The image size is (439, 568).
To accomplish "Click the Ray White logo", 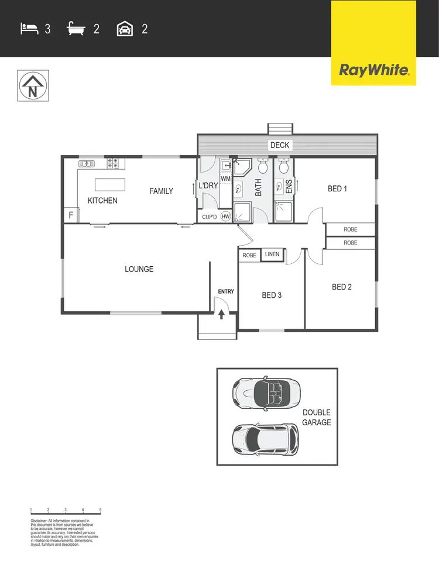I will (373, 71).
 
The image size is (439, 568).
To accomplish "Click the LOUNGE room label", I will (139, 269).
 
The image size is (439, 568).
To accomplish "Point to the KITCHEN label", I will (102, 201).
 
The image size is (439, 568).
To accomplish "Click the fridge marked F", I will (71, 215).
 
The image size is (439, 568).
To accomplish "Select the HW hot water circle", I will (225, 216).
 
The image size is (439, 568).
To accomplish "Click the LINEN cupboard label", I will (272, 254).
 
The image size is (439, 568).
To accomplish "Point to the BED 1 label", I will (338, 189).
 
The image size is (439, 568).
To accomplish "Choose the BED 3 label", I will (272, 295).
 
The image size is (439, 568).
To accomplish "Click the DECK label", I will (280, 146).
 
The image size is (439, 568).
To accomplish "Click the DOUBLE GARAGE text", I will (317, 418).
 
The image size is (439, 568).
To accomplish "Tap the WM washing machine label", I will (225, 178).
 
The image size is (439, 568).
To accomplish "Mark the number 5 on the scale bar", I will (101, 510).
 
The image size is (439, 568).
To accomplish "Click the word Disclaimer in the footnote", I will (39, 521).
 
